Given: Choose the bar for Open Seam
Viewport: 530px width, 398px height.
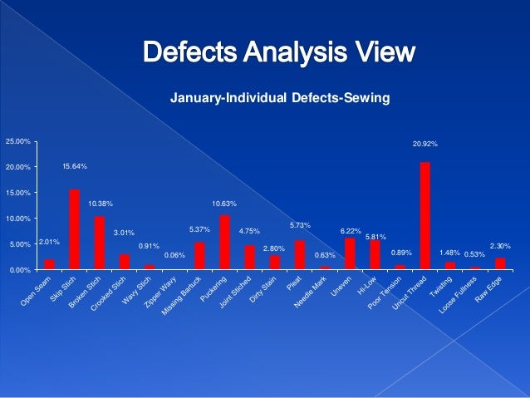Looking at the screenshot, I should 49,264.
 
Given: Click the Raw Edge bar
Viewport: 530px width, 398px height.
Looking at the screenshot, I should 499,264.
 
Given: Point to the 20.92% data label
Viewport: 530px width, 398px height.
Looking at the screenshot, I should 425,145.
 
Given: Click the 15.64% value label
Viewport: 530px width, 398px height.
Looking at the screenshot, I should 75,167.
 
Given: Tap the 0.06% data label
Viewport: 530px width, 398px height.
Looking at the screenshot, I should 174,255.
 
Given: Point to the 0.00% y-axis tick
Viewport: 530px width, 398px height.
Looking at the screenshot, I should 20,270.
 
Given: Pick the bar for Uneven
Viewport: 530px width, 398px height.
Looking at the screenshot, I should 350,253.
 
